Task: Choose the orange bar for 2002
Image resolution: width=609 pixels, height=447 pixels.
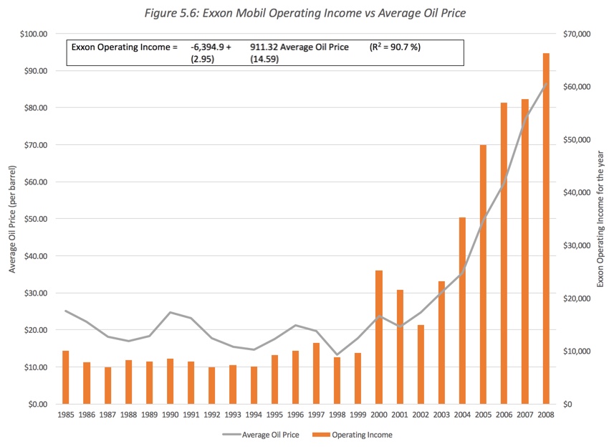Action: coord(421,364)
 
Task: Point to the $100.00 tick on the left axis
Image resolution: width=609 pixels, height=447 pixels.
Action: coord(33,34)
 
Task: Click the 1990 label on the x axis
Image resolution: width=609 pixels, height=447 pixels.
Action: coord(170,415)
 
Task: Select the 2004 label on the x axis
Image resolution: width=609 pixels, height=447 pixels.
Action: coord(462,415)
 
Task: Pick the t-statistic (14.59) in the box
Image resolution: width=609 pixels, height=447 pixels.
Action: coord(264,59)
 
